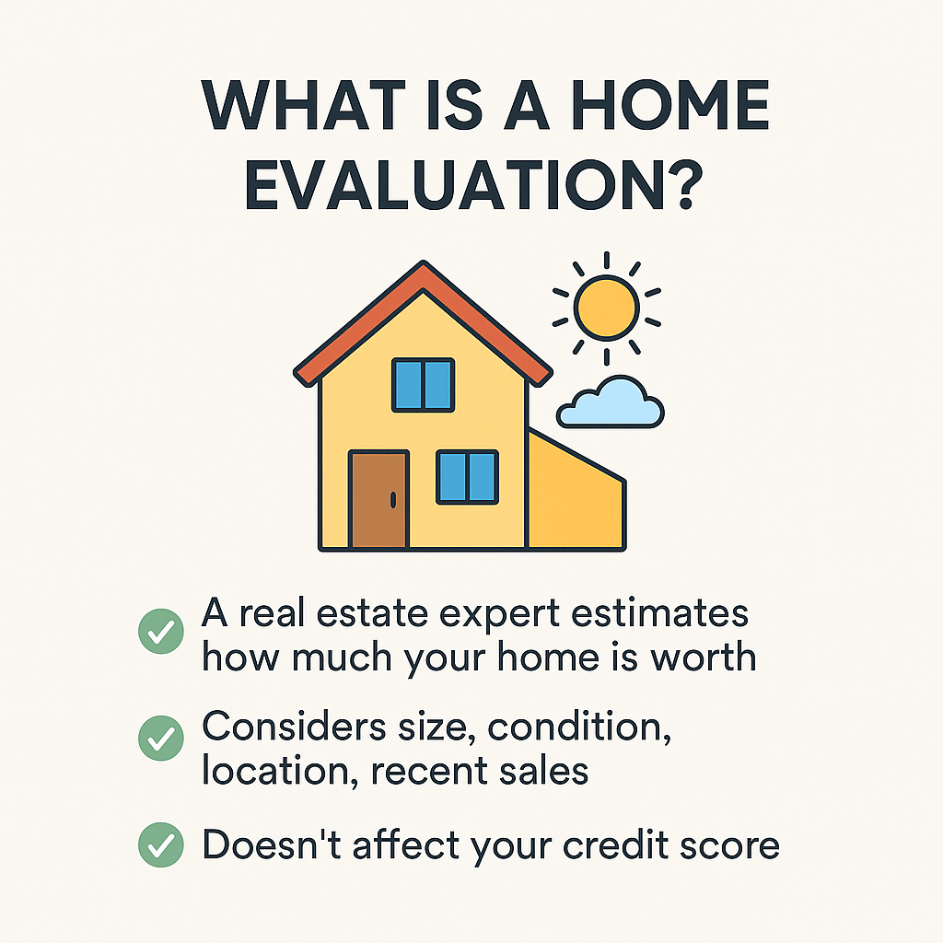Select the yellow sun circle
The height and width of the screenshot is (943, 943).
click(605, 307)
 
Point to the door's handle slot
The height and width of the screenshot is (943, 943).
click(393, 499)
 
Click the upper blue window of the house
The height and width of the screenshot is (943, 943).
click(424, 385)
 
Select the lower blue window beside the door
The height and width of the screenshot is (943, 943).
click(467, 477)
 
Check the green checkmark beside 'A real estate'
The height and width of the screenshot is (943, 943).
click(160, 633)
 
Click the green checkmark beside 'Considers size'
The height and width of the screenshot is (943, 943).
click(160, 738)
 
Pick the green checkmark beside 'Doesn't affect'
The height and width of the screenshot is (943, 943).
click(160, 844)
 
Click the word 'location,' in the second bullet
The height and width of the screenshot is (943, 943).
click(280, 769)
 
